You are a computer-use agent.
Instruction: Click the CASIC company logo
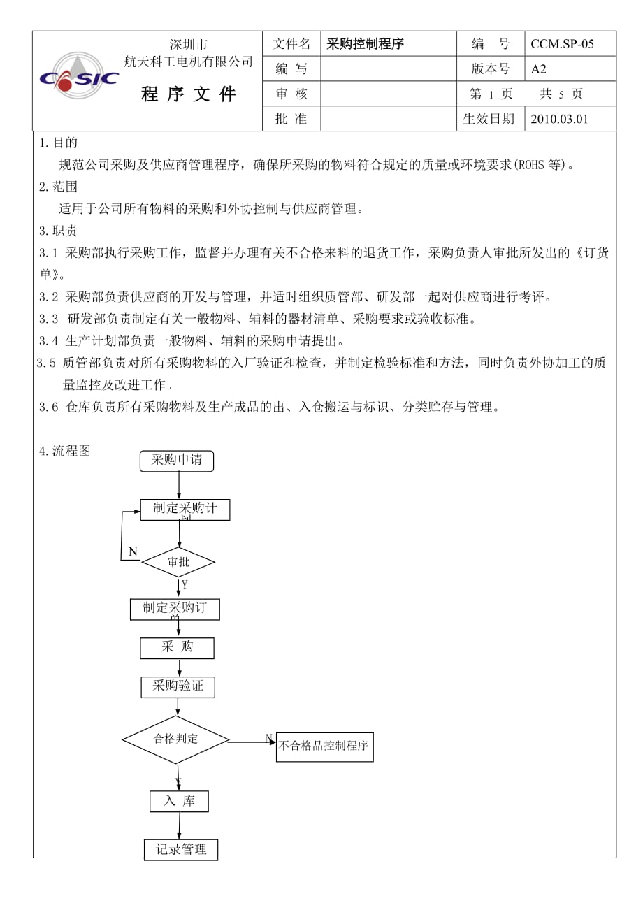point(78,78)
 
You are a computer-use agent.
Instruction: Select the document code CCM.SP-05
point(562,44)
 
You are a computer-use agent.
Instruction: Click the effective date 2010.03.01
point(559,119)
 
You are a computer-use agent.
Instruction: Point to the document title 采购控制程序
point(365,44)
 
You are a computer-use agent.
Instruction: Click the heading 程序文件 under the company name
point(189,94)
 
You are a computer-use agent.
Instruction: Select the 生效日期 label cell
point(489,119)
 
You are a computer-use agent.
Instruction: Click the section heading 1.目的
point(59,143)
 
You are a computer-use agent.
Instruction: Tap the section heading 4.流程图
point(65,451)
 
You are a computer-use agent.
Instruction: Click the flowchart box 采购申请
point(177,461)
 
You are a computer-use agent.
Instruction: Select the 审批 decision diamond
point(178,562)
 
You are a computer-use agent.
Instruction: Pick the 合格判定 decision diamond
point(175,739)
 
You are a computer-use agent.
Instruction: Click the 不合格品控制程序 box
point(324,746)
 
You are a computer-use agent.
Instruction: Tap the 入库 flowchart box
point(179,801)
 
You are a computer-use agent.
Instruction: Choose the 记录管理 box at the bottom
point(181,849)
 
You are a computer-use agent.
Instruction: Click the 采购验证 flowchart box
point(178,686)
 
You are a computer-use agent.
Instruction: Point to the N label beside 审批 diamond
point(133,551)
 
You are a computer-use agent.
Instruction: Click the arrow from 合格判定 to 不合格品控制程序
point(252,742)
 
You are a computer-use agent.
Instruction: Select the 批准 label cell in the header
point(291,119)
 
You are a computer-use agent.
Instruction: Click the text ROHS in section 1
point(529,165)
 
